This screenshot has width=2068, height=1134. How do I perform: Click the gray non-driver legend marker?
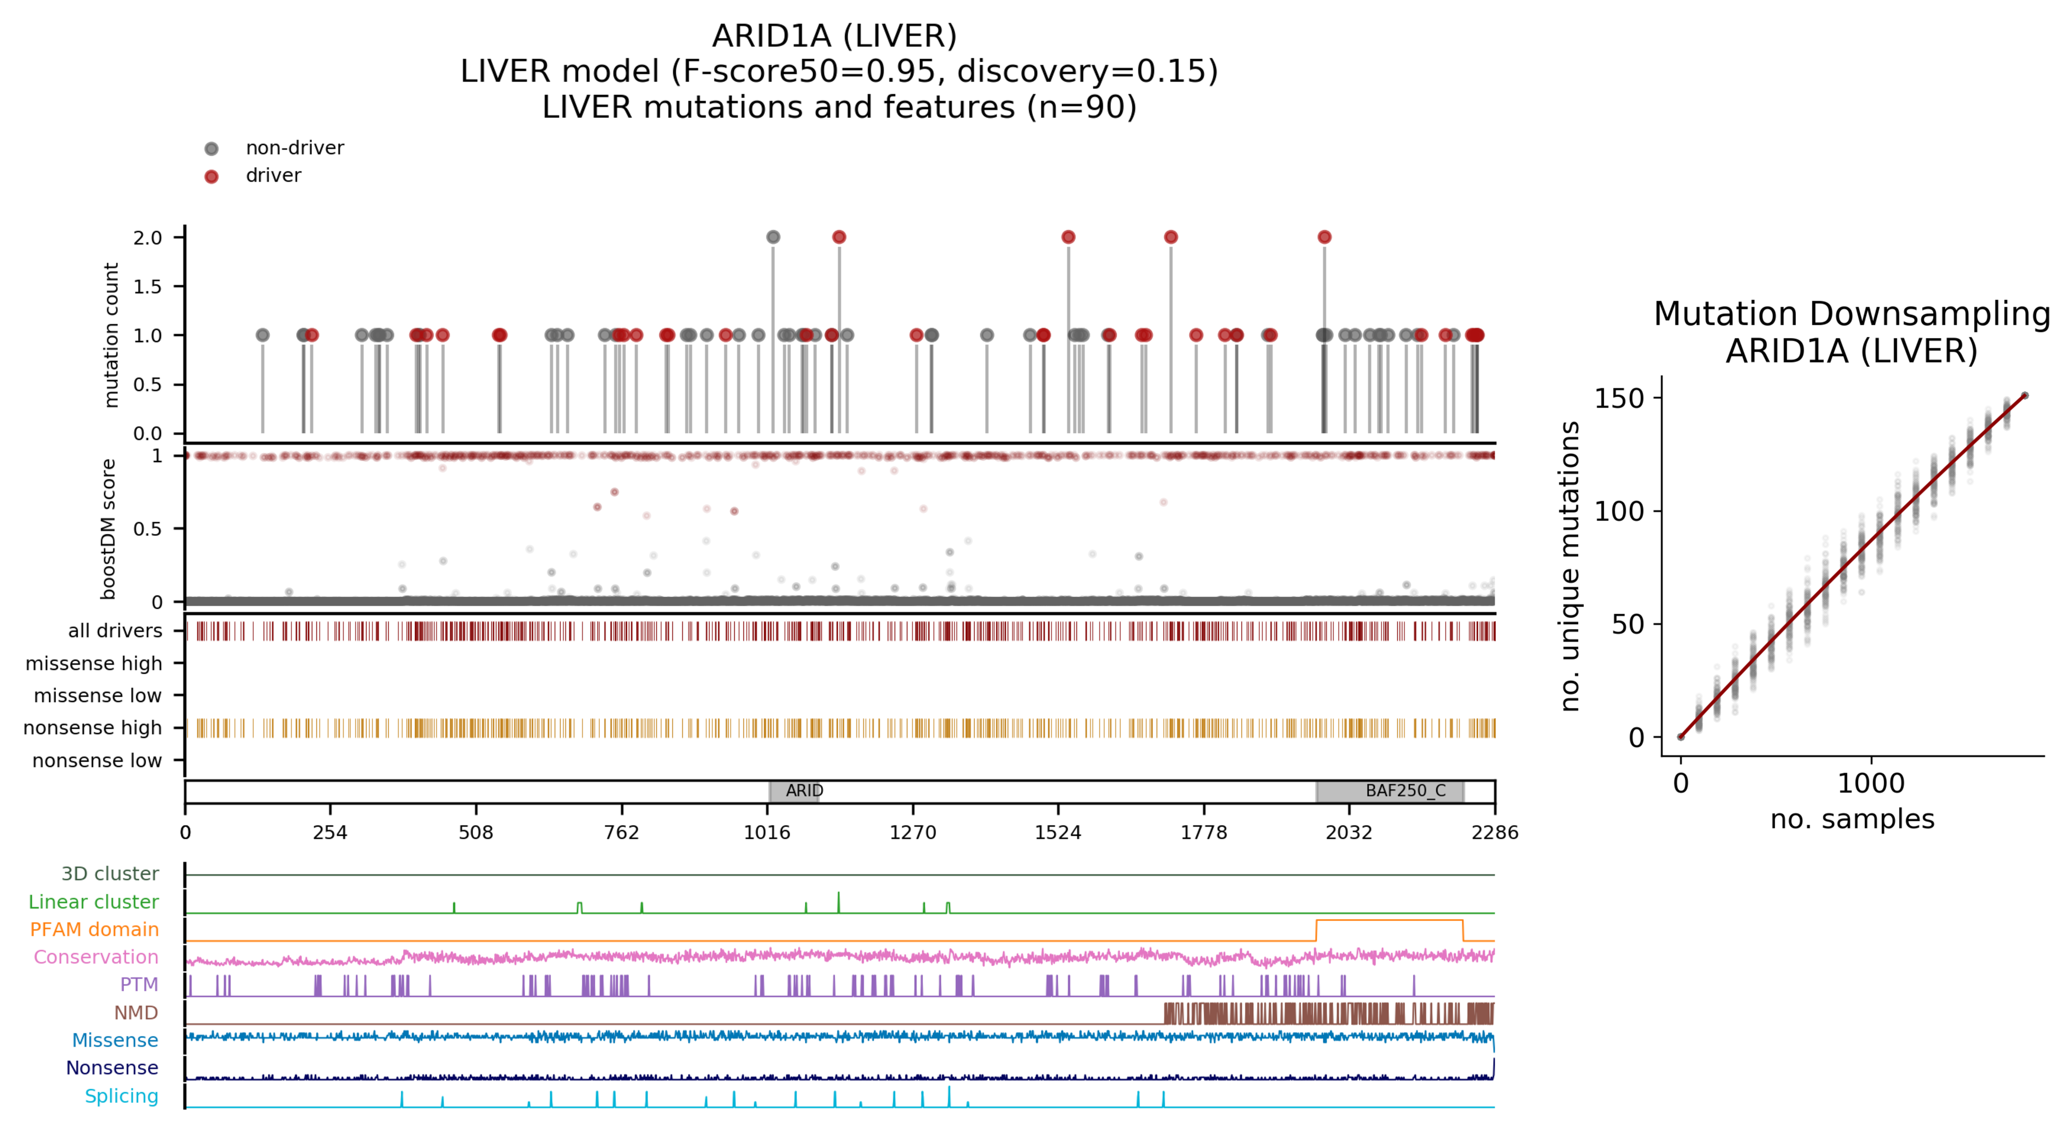pos(211,148)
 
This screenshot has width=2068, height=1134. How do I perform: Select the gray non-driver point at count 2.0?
pos(773,237)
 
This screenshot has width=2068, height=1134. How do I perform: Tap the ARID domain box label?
pos(803,791)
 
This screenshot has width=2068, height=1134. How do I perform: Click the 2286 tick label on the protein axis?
pos(1494,832)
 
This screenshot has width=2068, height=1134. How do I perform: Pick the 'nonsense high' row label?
pos(92,727)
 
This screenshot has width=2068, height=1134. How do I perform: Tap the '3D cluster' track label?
pos(110,874)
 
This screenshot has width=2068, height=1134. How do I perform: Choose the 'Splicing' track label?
pos(121,1096)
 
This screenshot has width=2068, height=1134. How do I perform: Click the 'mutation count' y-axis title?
pos(111,335)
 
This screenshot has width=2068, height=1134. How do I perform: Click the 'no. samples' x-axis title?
pos(1852,819)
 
